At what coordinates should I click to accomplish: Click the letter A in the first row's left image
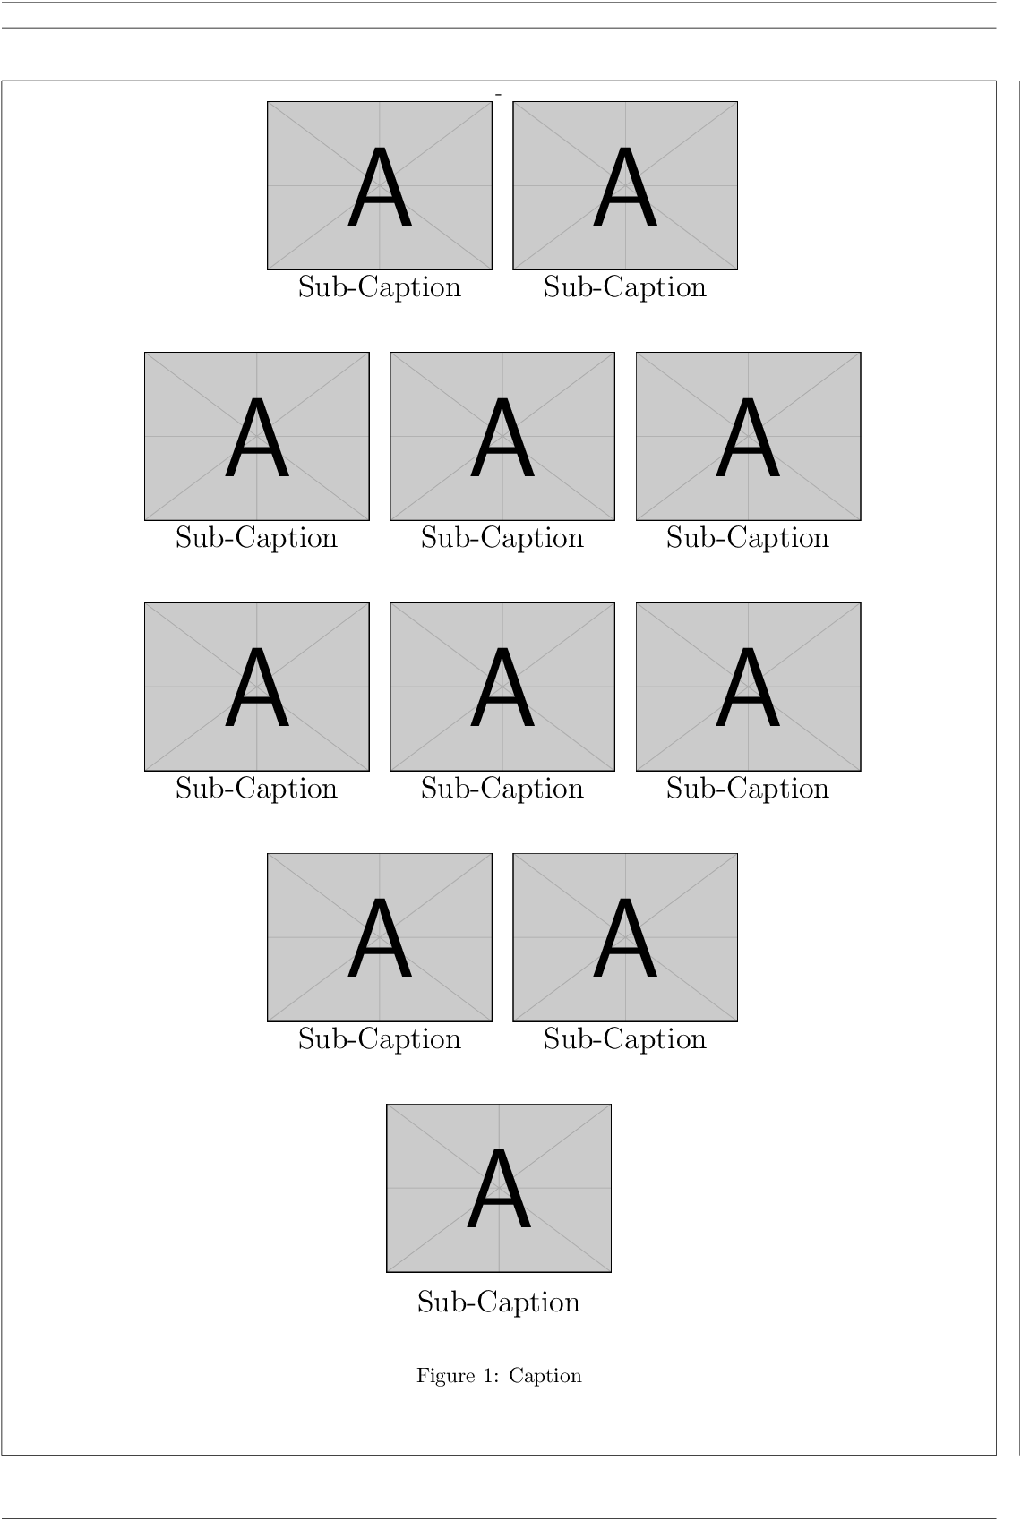(379, 189)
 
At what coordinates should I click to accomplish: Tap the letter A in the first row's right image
(624, 189)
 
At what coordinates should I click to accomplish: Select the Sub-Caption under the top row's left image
(379, 287)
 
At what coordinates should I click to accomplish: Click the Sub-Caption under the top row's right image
(624, 287)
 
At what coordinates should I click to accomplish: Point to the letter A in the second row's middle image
(502, 440)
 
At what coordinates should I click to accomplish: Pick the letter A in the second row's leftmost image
(256, 440)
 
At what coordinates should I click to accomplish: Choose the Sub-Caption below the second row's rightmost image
(747, 538)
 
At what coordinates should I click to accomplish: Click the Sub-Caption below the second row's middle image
(502, 538)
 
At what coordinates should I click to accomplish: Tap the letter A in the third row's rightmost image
(747, 690)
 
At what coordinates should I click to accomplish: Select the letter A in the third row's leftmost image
(256, 690)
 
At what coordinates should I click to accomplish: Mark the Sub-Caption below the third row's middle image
(502, 789)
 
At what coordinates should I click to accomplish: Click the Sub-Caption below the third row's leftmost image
(256, 789)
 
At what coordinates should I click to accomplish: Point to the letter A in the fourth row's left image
(379, 941)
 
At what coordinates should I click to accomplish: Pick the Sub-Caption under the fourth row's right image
(624, 1039)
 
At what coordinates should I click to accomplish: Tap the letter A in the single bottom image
(498, 1191)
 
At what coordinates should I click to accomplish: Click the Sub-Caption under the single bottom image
(498, 1302)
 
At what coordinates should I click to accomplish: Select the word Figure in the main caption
(445, 1376)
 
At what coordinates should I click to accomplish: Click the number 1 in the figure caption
(489, 1376)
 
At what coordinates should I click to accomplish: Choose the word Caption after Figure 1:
(545, 1376)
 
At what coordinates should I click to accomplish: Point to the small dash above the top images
(498, 93)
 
